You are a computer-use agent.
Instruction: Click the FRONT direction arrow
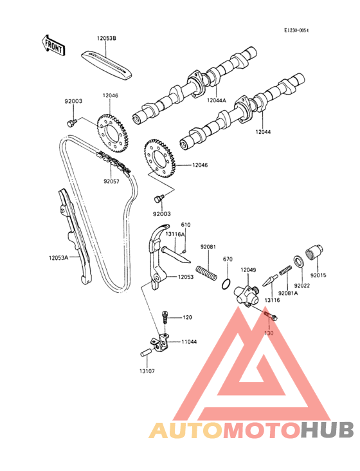[53, 45]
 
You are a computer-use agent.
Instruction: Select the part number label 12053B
[106, 38]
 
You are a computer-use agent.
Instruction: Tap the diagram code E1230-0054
[296, 30]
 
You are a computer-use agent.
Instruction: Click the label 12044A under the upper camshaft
[216, 100]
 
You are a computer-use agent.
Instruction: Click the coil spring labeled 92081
[206, 272]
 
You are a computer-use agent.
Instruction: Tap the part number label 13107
[147, 371]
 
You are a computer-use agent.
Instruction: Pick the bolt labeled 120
[165, 317]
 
